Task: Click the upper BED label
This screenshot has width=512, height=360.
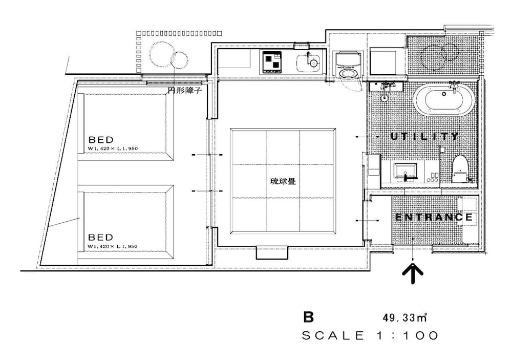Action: pyautogui.click(x=101, y=139)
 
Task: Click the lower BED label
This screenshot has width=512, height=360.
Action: pyautogui.click(x=101, y=238)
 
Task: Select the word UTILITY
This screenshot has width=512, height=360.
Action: pyautogui.click(x=424, y=136)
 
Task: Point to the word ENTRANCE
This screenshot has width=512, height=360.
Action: pyautogui.click(x=434, y=217)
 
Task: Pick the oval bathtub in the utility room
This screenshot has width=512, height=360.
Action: pyautogui.click(x=439, y=100)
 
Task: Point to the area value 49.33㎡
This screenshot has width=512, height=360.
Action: pyautogui.click(x=404, y=318)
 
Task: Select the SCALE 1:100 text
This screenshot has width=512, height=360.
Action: pyautogui.click(x=370, y=336)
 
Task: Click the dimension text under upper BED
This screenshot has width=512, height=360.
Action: pyautogui.click(x=113, y=149)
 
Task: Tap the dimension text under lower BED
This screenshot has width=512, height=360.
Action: pyautogui.click(x=113, y=247)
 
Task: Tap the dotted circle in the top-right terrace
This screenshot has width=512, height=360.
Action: pyautogui.click(x=439, y=56)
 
